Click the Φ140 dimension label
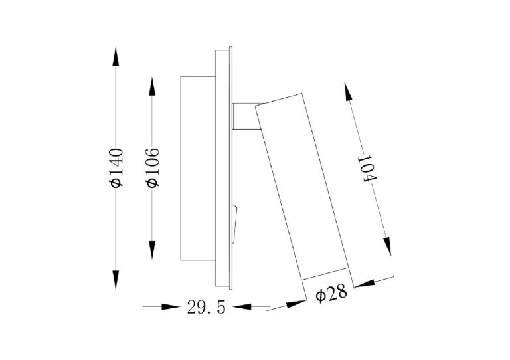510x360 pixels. pyautogui.click(x=116, y=168)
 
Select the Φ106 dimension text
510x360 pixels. pyautogui.click(x=153, y=168)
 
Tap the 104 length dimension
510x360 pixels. pyautogui.click(x=367, y=170)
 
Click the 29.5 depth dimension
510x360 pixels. pyautogui.click(x=207, y=307)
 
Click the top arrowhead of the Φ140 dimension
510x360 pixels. pyautogui.click(x=116, y=56)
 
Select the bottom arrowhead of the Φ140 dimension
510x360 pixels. pyautogui.click(x=116, y=280)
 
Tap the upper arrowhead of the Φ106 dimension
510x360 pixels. pyautogui.click(x=152, y=86)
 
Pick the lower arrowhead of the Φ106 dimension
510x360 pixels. pyautogui.click(x=152, y=250)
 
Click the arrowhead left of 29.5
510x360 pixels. pyautogui.click(x=171, y=306)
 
